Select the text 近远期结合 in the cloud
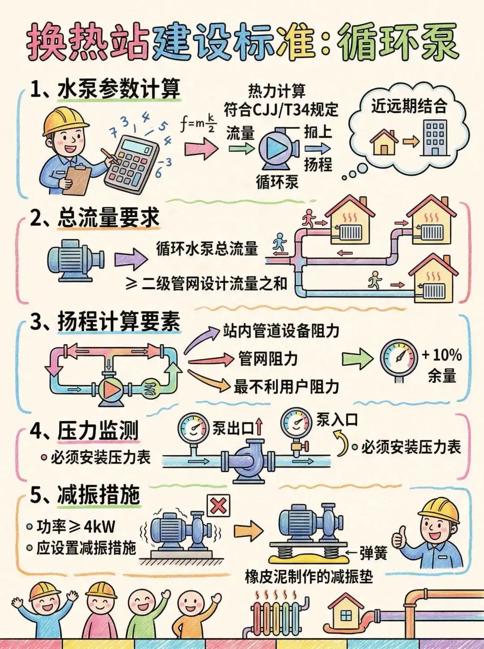tap(409, 106)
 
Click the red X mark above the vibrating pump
tap(218, 507)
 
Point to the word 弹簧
tap(373, 553)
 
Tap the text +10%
tap(442, 355)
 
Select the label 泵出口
tap(233, 428)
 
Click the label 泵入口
tap(337, 420)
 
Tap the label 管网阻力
tap(268, 359)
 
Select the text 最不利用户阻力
tap(286, 386)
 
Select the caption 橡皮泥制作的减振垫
tap(309, 576)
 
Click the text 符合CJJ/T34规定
tap(281, 109)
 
